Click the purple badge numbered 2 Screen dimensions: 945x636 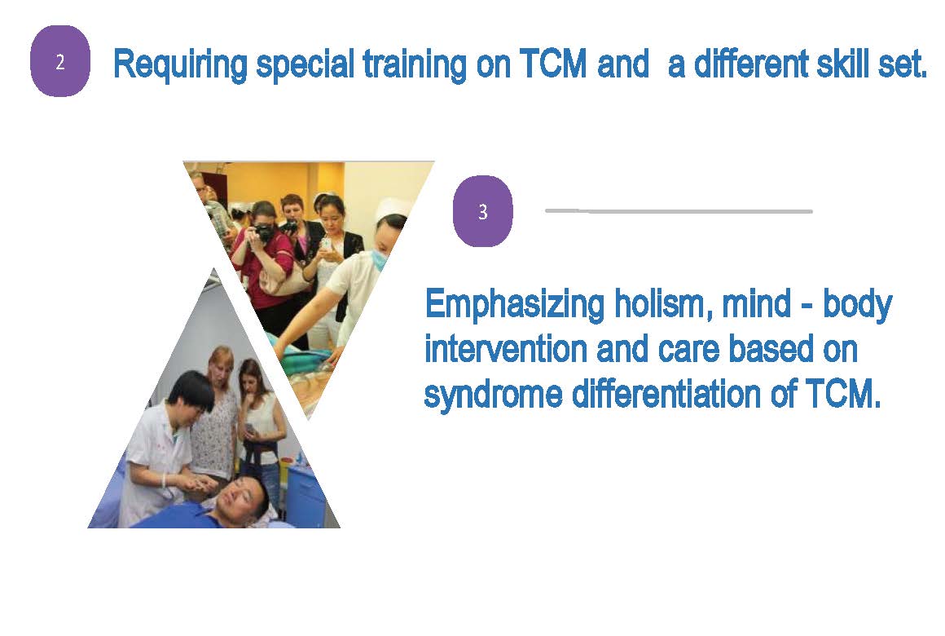point(60,61)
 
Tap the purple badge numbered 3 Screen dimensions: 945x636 point(483,211)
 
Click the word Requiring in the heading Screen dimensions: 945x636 point(180,64)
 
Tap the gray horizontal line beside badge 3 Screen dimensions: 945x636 point(679,210)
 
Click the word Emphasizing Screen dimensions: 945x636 point(515,305)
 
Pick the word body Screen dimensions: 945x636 point(858,305)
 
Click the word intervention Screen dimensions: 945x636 point(506,349)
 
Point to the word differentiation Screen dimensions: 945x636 point(666,394)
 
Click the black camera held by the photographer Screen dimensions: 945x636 point(263,232)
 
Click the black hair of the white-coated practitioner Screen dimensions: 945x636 point(190,389)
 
